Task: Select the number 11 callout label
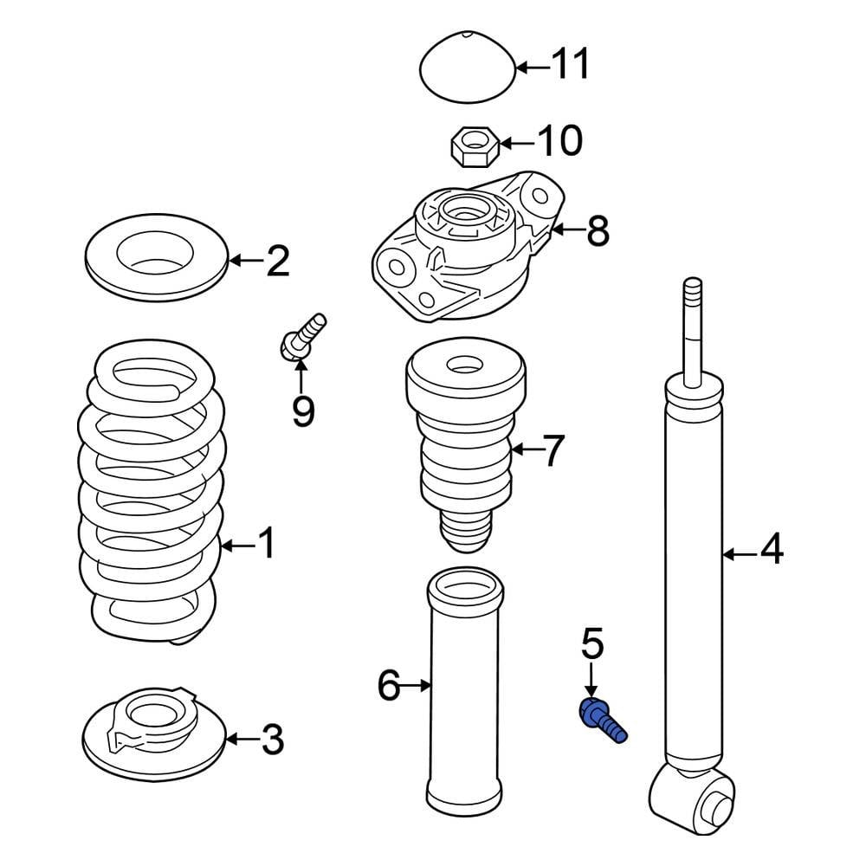[x=571, y=64]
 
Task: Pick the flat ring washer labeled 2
[x=157, y=258]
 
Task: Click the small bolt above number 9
[x=302, y=338]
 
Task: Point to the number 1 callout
[x=266, y=545]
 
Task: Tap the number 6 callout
[x=389, y=686]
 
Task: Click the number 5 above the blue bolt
[x=592, y=644]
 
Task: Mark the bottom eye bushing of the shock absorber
[x=693, y=796]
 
